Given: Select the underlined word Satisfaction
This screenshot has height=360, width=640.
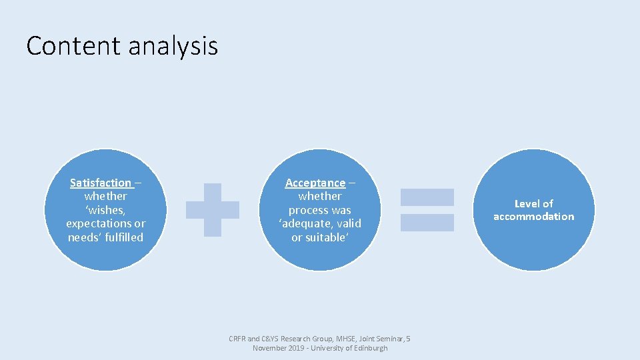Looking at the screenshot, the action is point(101,183).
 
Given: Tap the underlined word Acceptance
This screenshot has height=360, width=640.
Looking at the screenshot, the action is point(315,183).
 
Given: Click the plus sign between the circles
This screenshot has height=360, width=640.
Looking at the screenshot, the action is point(212,210).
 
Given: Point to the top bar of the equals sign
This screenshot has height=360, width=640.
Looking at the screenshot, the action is point(427,197).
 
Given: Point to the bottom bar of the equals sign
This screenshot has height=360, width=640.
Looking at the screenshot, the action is point(427,223).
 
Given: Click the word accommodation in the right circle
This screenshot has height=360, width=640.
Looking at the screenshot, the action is point(533,217).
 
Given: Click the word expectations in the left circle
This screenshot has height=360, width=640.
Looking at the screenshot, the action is point(99,223).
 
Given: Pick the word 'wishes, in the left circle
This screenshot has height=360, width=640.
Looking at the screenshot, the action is point(106,210).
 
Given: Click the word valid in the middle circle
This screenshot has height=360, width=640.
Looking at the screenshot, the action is point(347,223).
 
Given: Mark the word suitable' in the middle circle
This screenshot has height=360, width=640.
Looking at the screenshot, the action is point(327,237).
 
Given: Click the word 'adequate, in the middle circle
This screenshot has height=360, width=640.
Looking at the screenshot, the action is point(304,223).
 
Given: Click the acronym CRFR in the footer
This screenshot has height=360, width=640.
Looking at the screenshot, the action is point(237,339).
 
